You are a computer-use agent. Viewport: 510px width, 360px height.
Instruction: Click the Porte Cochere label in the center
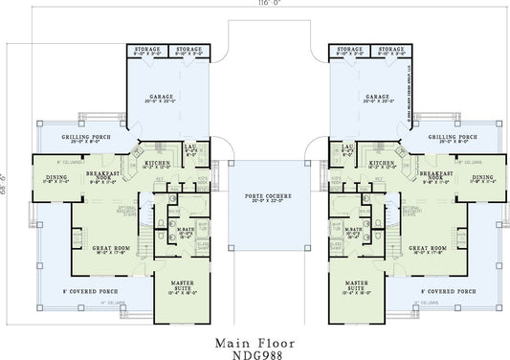tap(255, 196)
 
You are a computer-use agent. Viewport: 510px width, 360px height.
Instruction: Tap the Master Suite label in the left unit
tap(182, 284)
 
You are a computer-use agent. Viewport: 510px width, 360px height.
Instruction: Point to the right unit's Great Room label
tap(428, 248)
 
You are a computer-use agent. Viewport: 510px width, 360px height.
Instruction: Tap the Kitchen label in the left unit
tap(157, 164)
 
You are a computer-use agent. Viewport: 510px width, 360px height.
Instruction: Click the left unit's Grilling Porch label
tap(87, 137)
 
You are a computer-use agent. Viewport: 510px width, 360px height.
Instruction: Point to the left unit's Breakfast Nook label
tap(101, 176)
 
